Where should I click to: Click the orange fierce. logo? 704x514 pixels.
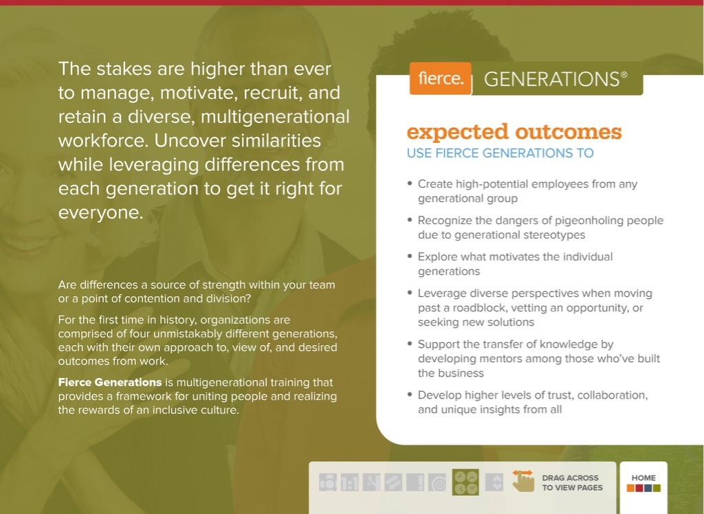tap(441, 78)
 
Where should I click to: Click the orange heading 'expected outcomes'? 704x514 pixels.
tap(514, 131)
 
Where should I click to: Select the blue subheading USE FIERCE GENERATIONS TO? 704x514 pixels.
tap(500, 153)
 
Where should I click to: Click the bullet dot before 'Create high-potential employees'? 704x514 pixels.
tap(410, 183)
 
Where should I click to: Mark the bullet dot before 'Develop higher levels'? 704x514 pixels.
tap(410, 394)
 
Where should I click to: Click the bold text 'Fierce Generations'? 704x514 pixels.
tap(110, 383)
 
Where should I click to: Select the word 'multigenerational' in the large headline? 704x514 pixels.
tap(275, 117)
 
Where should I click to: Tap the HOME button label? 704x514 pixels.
tap(643, 478)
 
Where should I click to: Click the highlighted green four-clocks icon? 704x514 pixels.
tap(465, 482)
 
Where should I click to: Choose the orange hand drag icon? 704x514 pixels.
tap(523, 481)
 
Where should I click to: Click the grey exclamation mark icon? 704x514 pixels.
tap(415, 482)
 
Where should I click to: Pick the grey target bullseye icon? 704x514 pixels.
tap(437, 482)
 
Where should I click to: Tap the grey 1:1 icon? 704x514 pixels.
tap(350, 482)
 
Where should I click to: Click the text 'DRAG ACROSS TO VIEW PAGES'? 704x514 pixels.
tap(572, 483)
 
